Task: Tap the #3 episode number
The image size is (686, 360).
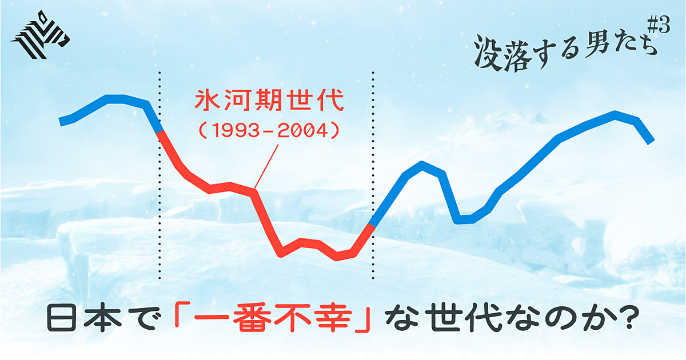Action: coord(659,25)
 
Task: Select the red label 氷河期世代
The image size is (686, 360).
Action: coord(269,100)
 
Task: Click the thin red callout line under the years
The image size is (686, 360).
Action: coord(266,166)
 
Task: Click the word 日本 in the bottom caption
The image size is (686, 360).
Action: coord(84,318)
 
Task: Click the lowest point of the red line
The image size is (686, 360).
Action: coord(337,257)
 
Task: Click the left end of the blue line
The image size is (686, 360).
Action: coord(61,122)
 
